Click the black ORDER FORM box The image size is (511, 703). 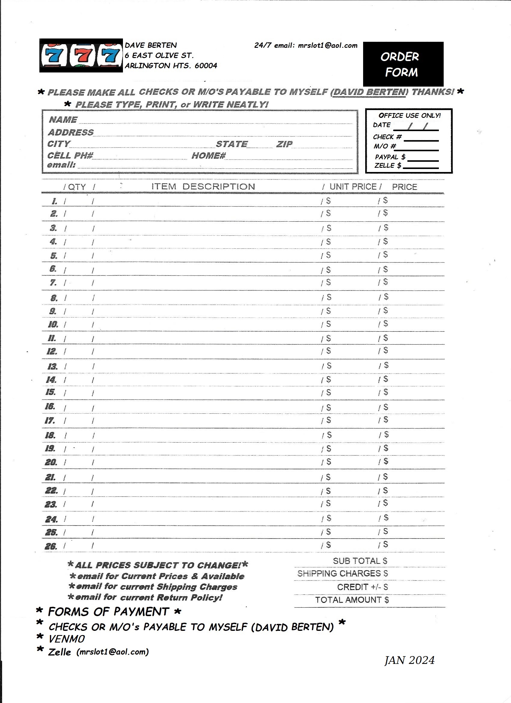403,64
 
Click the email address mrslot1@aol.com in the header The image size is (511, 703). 327,46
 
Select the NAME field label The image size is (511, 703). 63,120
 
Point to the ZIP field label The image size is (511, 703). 284,144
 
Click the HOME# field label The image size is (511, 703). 208,155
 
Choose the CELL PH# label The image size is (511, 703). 70,155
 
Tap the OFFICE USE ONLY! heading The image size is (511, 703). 409,116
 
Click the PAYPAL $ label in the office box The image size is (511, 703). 390,157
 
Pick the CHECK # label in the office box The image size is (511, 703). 387,137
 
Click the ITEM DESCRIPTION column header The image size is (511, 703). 203,187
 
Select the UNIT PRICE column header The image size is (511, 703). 353,187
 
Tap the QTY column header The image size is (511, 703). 77,187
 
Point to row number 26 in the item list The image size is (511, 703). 51,546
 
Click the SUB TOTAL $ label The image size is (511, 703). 360,561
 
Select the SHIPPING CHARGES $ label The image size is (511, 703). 342,574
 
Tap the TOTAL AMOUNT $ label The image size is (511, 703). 352,600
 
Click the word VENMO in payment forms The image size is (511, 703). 67,639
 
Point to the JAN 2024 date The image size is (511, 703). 409,661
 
